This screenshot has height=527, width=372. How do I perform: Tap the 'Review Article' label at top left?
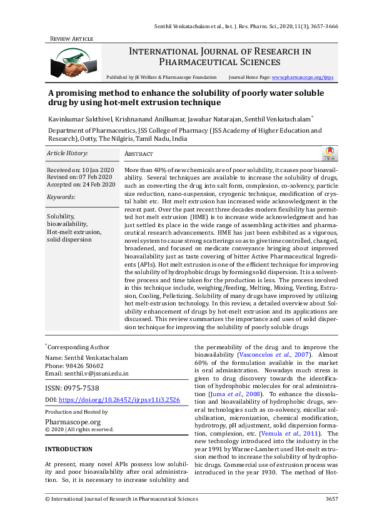pos(71,39)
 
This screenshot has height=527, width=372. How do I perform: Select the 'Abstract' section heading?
pos(139,154)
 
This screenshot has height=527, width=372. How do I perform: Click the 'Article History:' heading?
pos(68,153)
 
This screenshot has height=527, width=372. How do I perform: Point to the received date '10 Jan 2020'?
pos(98,170)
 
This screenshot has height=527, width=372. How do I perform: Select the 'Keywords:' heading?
pos(61,197)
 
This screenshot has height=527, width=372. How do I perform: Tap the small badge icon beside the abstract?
pos(328,153)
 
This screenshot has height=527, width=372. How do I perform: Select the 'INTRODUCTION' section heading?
pos(68,449)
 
